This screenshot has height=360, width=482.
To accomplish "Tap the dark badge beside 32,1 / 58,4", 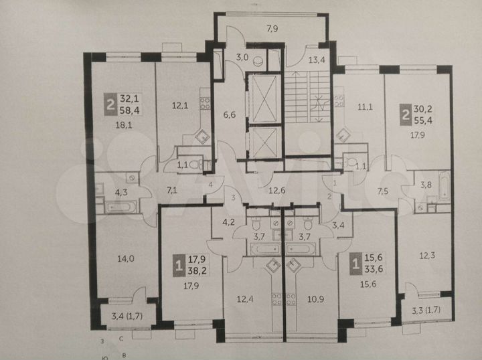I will pos(109,104).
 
